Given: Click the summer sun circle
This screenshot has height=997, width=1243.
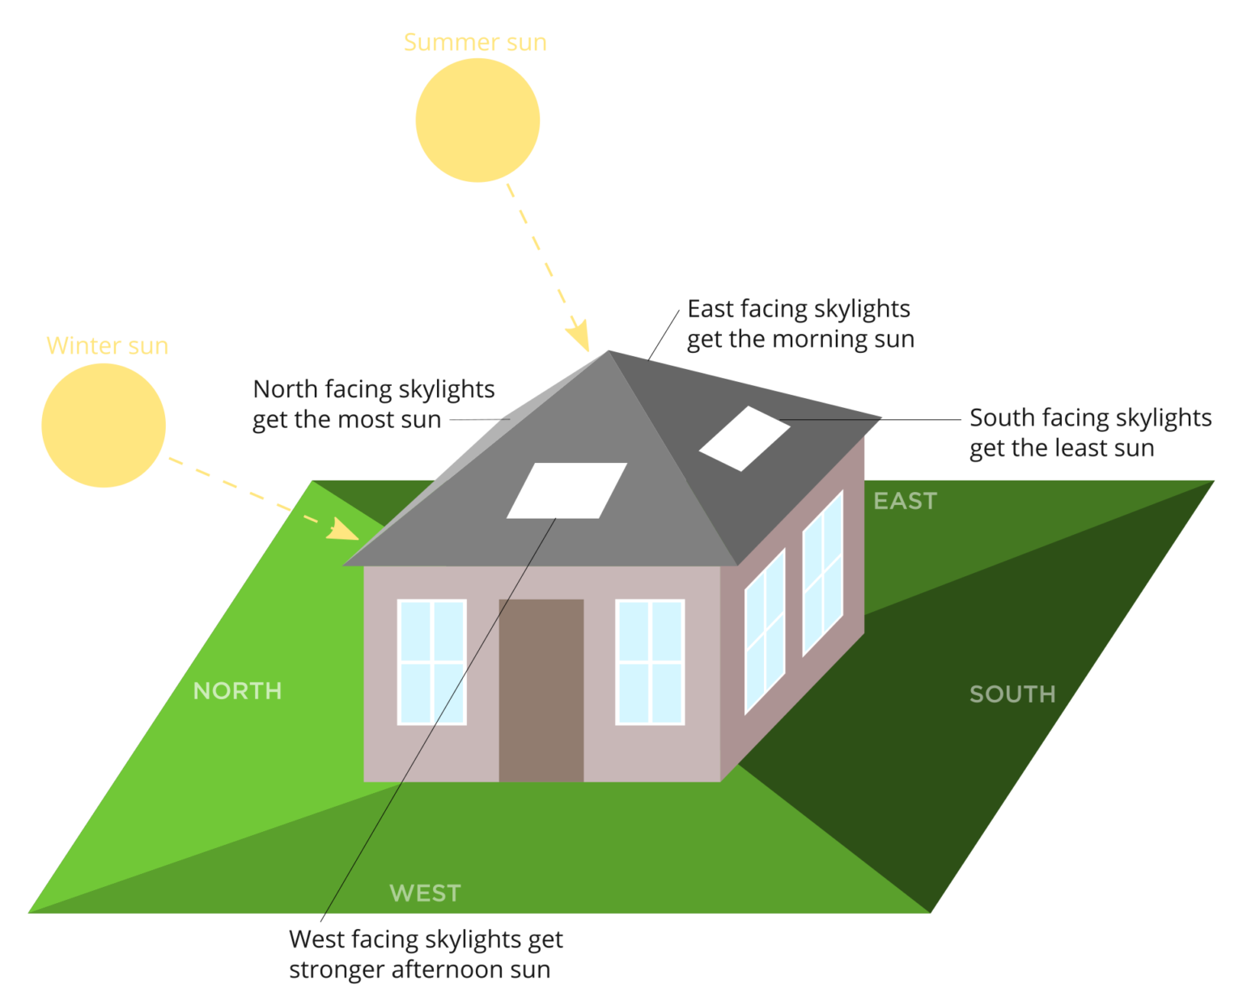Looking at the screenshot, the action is (x=477, y=120).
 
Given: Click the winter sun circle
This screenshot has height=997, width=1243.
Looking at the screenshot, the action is (x=104, y=425).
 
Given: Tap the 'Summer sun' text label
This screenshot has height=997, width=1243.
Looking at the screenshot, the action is (x=475, y=42).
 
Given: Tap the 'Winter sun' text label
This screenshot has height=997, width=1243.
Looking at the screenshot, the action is (x=108, y=346).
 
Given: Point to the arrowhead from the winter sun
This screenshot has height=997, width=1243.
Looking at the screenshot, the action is (x=342, y=530).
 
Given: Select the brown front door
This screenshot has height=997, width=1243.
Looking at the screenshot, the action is (x=541, y=690).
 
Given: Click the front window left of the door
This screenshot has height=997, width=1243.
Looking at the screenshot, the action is (x=431, y=662).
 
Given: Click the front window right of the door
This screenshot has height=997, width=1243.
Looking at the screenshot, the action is (x=650, y=662).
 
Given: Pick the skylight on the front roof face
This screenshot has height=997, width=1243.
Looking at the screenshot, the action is (x=566, y=490).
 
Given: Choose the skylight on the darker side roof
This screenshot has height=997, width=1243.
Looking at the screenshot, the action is (x=745, y=439).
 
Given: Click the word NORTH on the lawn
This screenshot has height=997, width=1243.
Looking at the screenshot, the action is (x=237, y=691).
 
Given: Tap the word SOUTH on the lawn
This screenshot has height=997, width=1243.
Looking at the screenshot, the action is (x=1012, y=694).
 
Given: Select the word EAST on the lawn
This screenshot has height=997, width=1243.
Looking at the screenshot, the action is (x=905, y=501).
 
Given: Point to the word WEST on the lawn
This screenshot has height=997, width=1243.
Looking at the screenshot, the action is (x=425, y=893).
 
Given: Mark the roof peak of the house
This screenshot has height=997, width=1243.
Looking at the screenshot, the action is (x=609, y=351).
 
